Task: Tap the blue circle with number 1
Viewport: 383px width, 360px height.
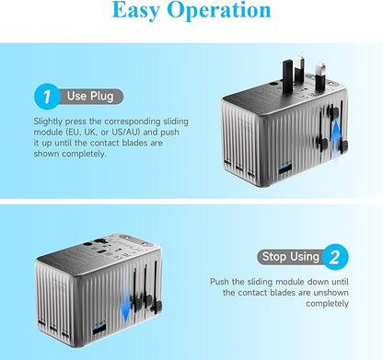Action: click(x=45, y=95)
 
